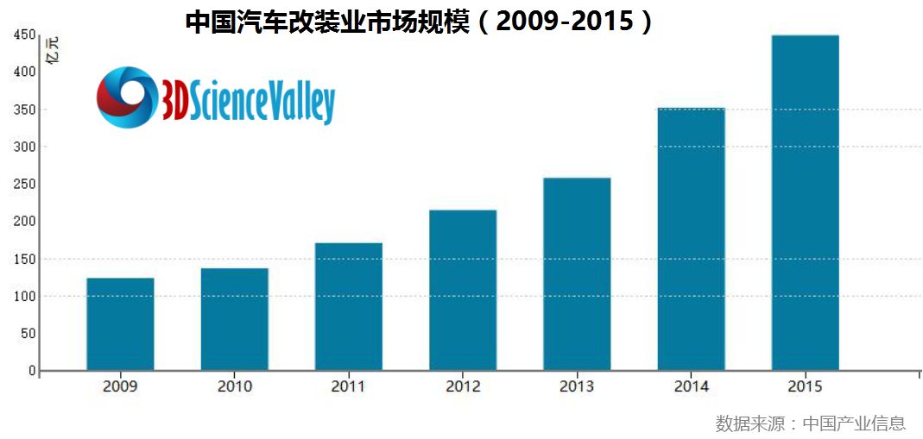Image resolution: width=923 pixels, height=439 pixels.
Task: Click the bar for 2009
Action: (120, 323)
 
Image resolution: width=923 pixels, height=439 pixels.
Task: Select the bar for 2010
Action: (234, 319)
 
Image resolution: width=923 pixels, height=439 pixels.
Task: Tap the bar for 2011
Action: (348, 306)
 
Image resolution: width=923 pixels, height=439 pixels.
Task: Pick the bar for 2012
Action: (463, 290)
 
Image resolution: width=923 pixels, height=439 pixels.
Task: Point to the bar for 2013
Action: (577, 273)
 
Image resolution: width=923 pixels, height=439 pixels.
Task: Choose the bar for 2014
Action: (691, 239)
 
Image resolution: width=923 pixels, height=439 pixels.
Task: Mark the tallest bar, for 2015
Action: (805, 203)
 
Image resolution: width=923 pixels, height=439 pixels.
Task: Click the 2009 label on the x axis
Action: (120, 386)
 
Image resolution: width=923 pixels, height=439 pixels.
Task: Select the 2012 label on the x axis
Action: (463, 386)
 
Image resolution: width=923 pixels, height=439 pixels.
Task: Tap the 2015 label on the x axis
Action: (805, 386)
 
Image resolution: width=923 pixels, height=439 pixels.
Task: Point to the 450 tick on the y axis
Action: (24, 35)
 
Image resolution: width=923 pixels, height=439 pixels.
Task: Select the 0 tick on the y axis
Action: (32, 371)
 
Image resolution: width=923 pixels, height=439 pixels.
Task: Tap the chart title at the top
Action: (420, 21)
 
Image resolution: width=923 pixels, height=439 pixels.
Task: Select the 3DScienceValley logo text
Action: (247, 100)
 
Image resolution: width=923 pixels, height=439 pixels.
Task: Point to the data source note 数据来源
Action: (810, 423)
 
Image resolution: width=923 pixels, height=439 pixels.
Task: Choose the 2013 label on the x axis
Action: (577, 386)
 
